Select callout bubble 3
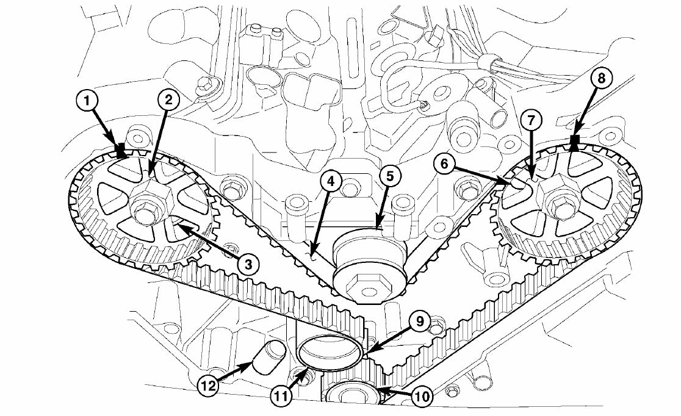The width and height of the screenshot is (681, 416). [247, 264]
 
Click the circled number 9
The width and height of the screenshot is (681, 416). [420, 321]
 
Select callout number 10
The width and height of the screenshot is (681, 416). [422, 397]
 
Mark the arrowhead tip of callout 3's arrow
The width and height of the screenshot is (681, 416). [176, 226]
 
